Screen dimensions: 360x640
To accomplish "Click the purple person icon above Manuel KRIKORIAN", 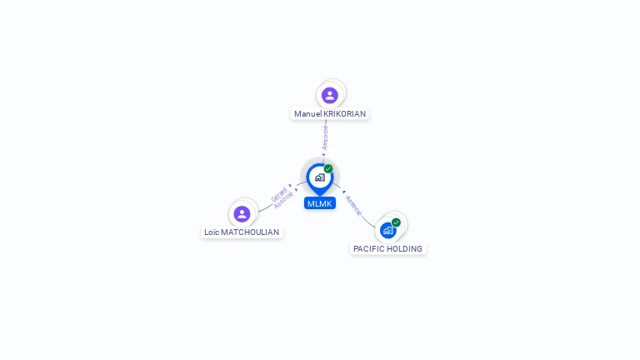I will pyautogui.click(x=330, y=95).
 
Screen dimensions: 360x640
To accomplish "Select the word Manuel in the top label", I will pyautogui.click(x=307, y=114).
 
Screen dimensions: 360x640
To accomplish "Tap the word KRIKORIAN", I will pyautogui.click(x=345, y=114).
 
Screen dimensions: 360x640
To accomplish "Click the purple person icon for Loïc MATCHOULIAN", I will pyautogui.click(x=242, y=214).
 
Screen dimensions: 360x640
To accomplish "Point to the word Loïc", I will pyautogui.click(x=211, y=232).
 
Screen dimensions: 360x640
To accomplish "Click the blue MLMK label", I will pyautogui.click(x=320, y=203).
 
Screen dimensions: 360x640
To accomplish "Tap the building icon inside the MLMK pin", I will pyautogui.click(x=319, y=177).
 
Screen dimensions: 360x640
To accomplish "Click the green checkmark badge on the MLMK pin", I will pyautogui.click(x=328, y=169).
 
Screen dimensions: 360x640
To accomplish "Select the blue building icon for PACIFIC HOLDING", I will pyautogui.click(x=387, y=231).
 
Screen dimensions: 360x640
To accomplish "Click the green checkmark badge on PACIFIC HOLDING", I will pyautogui.click(x=396, y=222).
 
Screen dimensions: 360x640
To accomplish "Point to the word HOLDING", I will pyautogui.click(x=406, y=249).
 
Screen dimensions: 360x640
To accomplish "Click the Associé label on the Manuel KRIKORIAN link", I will pyautogui.click(x=325, y=137).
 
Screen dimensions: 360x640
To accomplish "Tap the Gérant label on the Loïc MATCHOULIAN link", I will pyautogui.click(x=278, y=195).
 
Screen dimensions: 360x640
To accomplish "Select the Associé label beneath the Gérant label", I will pyautogui.click(x=283, y=201).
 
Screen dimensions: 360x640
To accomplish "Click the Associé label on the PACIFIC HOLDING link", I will pyautogui.click(x=353, y=206).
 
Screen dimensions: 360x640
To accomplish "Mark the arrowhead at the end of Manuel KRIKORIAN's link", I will pyautogui.click(x=323, y=155).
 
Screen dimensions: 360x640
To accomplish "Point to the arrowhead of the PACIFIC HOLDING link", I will pyautogui.click(x=343, y=192).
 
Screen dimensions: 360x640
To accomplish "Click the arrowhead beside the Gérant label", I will pyautogui.click(x=291, y=187).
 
